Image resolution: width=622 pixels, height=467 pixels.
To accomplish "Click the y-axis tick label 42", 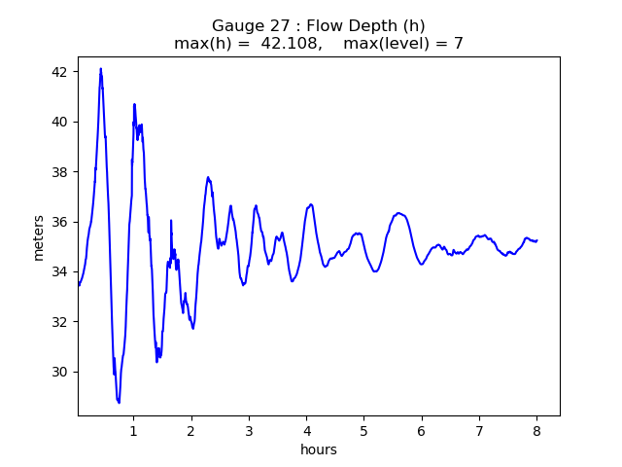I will (x=59, y=72).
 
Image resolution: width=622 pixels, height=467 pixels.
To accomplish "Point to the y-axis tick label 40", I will (x=59, y=122).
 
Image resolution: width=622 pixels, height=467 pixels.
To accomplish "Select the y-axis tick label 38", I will (x=59, y=172).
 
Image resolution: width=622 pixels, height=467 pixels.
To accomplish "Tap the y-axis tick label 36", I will (x=59, y=222).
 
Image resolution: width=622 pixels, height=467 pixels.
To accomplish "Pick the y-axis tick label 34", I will (x=59, y=271).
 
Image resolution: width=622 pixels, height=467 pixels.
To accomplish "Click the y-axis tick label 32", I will (x=59, y=322).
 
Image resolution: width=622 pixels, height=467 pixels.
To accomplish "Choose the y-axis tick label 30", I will (x=59, y=372).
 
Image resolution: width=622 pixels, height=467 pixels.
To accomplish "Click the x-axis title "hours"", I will (x=319, y=449).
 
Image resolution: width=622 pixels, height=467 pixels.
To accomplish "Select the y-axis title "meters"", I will (x=39, y=236).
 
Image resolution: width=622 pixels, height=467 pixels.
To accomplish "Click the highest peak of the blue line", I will (x=100, y=69).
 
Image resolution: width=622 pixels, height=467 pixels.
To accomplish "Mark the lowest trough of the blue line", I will (x=119, y=403).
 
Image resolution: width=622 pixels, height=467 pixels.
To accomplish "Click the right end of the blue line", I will (x=536, y=240).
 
